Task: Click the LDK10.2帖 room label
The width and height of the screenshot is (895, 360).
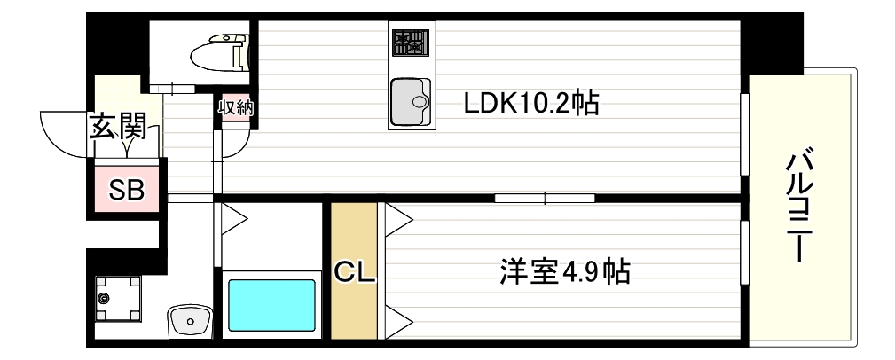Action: point(531,104)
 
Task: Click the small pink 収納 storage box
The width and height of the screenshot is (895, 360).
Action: point(236,108)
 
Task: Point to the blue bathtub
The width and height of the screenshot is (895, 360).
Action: point(272,305)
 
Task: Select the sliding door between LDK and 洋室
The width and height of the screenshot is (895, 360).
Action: point(545,197)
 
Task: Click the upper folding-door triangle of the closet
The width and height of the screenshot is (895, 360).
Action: point(396,219)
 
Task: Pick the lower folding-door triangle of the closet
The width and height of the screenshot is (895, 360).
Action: point(396,319)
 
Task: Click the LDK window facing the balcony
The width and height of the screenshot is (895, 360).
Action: point(744,135)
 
